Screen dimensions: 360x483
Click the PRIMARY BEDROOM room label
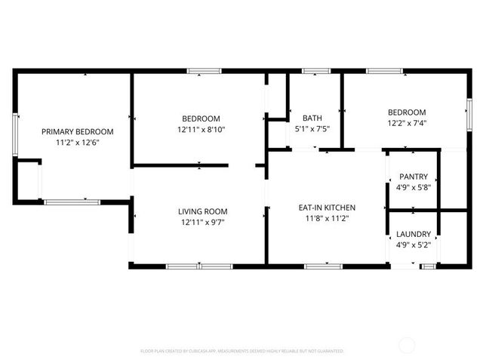[x=77, y=131]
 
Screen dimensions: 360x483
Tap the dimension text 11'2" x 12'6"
[x=77, y=142]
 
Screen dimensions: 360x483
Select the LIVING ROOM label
[x=202, y=211]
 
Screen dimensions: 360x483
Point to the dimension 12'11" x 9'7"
[x=202, y=222]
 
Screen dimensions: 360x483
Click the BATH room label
[x=312, y=118]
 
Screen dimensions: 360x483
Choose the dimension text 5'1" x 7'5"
[x=312, y=129]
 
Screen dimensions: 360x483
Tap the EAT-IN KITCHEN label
[x=327, y=208]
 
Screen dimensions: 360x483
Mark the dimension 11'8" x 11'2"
[x=327, y=219]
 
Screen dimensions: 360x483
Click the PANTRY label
[x=413, y=177]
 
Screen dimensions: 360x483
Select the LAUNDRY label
[x=413, y=234]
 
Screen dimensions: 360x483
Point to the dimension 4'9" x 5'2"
[x=413, y=245]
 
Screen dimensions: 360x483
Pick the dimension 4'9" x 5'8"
[x=413, y=187]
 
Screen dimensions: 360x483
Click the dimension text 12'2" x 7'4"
[x=407, y=123]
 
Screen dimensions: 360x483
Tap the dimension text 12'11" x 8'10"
[x=201, y=129]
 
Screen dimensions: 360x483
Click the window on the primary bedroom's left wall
[x=15, y=134]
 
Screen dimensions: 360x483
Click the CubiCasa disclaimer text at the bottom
[x=241, y=351]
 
